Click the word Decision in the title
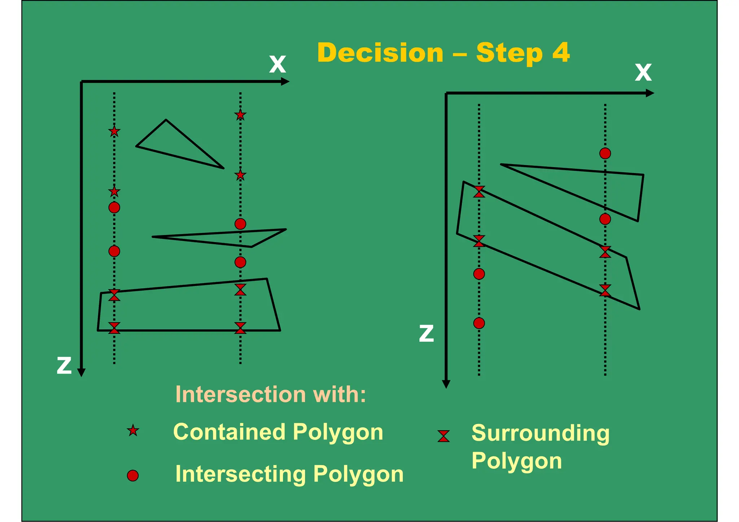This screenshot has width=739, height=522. (380, 53)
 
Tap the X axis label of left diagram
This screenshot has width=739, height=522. (277, 65)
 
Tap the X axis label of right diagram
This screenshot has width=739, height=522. (643, 72)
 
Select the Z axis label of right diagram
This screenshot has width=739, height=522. (426, 333)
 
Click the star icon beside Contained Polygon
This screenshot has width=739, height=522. (133, 430)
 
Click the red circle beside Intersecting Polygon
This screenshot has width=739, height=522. (133, 475)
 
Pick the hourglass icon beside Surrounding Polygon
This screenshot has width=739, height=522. (443, 436)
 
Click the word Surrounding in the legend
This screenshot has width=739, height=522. (540, 433)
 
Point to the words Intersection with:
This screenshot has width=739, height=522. (270, 394)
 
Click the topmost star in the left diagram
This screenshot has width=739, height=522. (240, 115)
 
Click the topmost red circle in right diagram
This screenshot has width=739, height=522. (605, 154)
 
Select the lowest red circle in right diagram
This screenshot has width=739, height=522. (479, 323)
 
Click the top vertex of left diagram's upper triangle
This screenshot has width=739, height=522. (166, 120)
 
